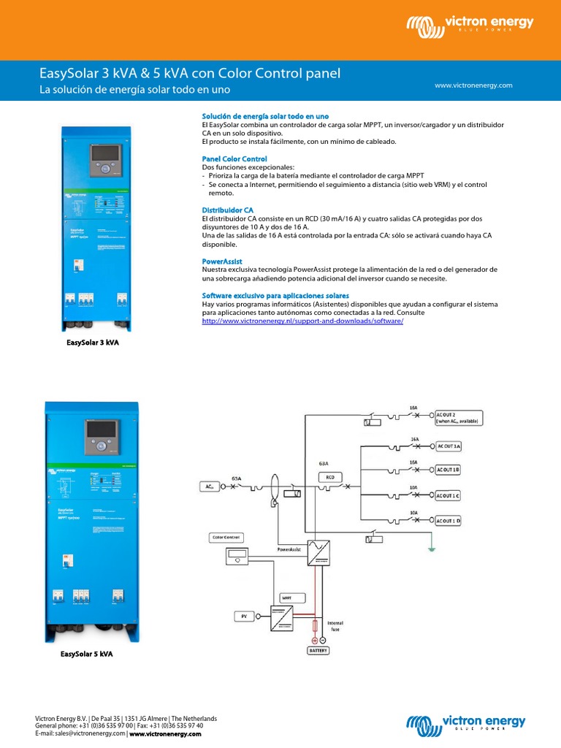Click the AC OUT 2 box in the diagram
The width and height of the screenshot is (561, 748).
point(459,417)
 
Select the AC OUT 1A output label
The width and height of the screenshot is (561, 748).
point(449,445)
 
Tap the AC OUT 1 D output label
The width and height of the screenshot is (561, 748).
point(449,520)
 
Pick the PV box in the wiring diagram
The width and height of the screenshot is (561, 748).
point(245,617)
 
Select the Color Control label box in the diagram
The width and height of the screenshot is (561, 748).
point(226,538)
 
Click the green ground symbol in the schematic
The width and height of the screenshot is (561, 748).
point(432,549)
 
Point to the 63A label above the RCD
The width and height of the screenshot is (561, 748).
point(324,462)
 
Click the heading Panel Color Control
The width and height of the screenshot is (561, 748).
point(234,159)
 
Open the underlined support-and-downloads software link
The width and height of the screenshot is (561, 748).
point(302,321)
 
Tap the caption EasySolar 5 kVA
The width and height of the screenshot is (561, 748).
point(86,654)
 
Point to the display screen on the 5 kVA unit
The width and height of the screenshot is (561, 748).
point(100,428)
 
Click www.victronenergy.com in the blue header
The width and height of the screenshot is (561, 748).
point(473,85)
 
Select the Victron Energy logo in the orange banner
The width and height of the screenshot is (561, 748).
point(470,26)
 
